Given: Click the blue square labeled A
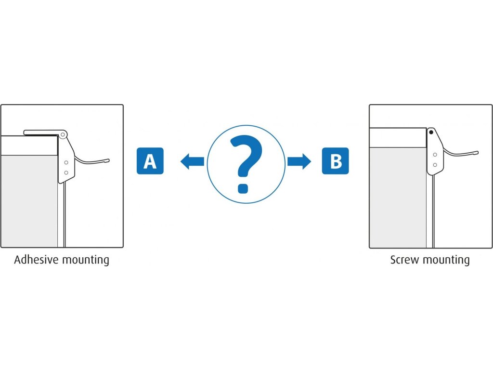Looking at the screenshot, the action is click(150, 161).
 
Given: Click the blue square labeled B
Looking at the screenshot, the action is click(335, 161).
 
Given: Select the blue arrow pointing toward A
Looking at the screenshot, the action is click(192, 161).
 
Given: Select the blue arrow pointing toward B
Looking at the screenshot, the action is click(299, 161).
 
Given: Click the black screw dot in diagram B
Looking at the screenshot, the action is click(431, 132).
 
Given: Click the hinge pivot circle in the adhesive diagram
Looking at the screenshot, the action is click(62, 134).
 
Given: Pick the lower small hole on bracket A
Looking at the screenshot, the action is click(66, 172).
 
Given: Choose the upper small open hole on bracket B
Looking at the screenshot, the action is click(435, 155).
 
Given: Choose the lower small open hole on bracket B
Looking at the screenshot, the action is click(435, 165).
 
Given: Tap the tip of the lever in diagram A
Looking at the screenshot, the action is click(108, 160).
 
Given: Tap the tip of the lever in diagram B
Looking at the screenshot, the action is click(477, 153).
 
